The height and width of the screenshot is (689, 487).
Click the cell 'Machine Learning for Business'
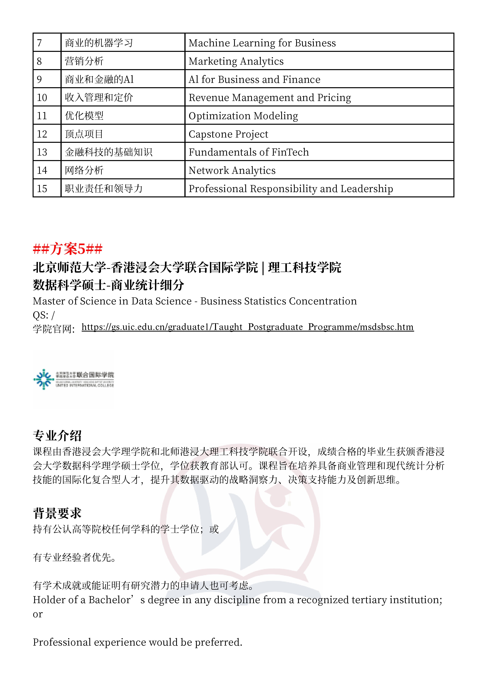[x=262, y=43]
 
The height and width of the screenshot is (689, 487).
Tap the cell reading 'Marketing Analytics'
[x=236, y=61]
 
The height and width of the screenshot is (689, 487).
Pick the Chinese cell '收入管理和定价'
[x=99, y=98]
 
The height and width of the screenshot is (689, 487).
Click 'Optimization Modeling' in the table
[x=243, y=116]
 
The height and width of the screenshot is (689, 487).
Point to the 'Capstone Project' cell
[x=228, y=134]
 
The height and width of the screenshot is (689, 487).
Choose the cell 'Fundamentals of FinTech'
[x=248, y=152]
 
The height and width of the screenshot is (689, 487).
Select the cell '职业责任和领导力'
[x=103, y=189]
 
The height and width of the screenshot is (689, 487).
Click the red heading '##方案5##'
[x=68, y=249]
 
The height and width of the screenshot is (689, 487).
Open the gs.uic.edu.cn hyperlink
[x=248, y=327]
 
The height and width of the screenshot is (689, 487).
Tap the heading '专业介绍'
[x=57, y=436]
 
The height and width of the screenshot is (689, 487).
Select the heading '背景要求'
[x=57, y=513]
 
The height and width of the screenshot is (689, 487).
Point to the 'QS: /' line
[x=44, y=315]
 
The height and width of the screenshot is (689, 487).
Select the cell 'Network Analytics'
[x=232, y=170]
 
